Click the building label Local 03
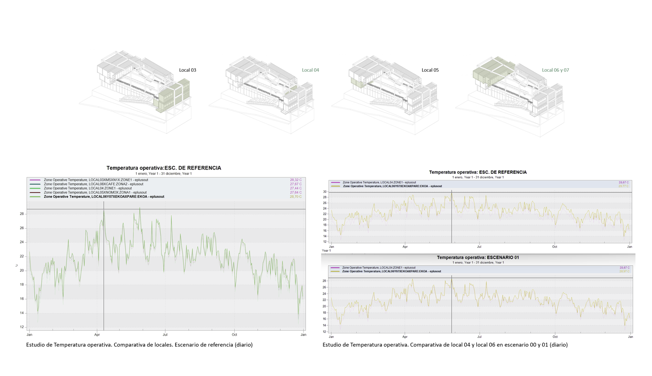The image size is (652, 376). point(187,70)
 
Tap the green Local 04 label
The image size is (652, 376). point(310,70)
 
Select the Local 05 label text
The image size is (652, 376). point(430,70)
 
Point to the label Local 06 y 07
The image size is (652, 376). point(555,70)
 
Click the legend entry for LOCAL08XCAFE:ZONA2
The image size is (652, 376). point(93,184)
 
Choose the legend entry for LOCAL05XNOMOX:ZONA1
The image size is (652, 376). point(95,193)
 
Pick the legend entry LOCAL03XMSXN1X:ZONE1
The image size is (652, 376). point(96,180)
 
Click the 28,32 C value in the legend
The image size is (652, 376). point(296,180)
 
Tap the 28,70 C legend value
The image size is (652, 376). point(296,197)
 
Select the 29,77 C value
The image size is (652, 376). point(623,186)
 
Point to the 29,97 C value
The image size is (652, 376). point(624,272)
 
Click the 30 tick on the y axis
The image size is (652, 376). point(325,192)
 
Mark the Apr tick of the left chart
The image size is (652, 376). point(97,335)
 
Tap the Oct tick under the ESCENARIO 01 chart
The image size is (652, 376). point(555,337)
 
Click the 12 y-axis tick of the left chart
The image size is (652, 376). point(22,327)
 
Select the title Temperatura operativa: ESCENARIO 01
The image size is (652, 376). point(478,257)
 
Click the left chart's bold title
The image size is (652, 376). point(163,168)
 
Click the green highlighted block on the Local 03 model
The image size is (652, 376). point(174,96)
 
